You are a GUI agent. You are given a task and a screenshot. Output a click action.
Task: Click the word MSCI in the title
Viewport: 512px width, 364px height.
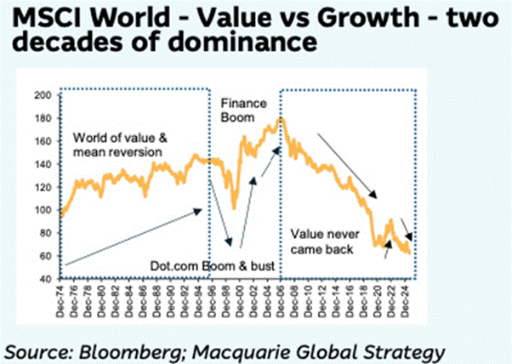click(x=43, y=18)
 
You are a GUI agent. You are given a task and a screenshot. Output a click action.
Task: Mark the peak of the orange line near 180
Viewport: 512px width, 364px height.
click(x=282, y=119)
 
